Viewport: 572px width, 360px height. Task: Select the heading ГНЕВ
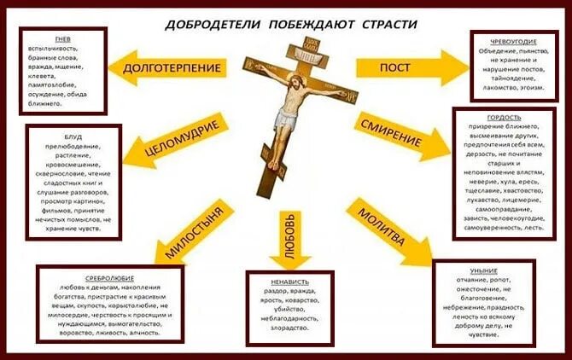click(62, 40)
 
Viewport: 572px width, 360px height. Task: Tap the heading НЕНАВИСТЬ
click(288, 282)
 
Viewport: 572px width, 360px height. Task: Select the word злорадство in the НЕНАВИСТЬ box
click(289, 327)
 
